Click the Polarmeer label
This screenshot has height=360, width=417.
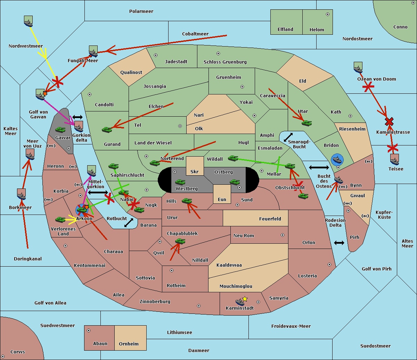(x=141, y=11)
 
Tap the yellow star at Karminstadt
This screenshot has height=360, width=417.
(x=245, y=299)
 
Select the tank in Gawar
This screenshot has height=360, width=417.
(x=60, y=130)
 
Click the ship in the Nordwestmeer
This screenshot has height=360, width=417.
(x=28, y=21)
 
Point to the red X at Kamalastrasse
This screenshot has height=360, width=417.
(x=389, y=122)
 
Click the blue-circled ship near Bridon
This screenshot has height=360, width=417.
(x=337, y=160)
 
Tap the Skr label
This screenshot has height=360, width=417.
(x=195, y=171)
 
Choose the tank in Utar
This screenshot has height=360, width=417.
(x=306, y=123)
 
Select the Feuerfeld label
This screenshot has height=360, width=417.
(x=270, y=219)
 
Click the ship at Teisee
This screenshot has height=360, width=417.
(x=394, y=159)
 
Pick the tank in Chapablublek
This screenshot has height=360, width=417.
(x=180, y=241)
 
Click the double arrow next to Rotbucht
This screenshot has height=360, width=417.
(x=129, y=223)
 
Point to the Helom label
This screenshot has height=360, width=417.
(x=317, y=30)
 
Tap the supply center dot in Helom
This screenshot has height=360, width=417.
(x=328, y=14)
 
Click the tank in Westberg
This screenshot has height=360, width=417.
(x=180, y=182)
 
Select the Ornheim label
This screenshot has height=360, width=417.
(x=129, y=344)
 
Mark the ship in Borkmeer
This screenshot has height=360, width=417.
(x=22, y=195)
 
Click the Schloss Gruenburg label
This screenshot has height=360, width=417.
(x=225, y=62)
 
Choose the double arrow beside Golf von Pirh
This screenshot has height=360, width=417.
(x=339, y=243)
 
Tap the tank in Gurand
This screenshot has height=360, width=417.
(x=107, y=129)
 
